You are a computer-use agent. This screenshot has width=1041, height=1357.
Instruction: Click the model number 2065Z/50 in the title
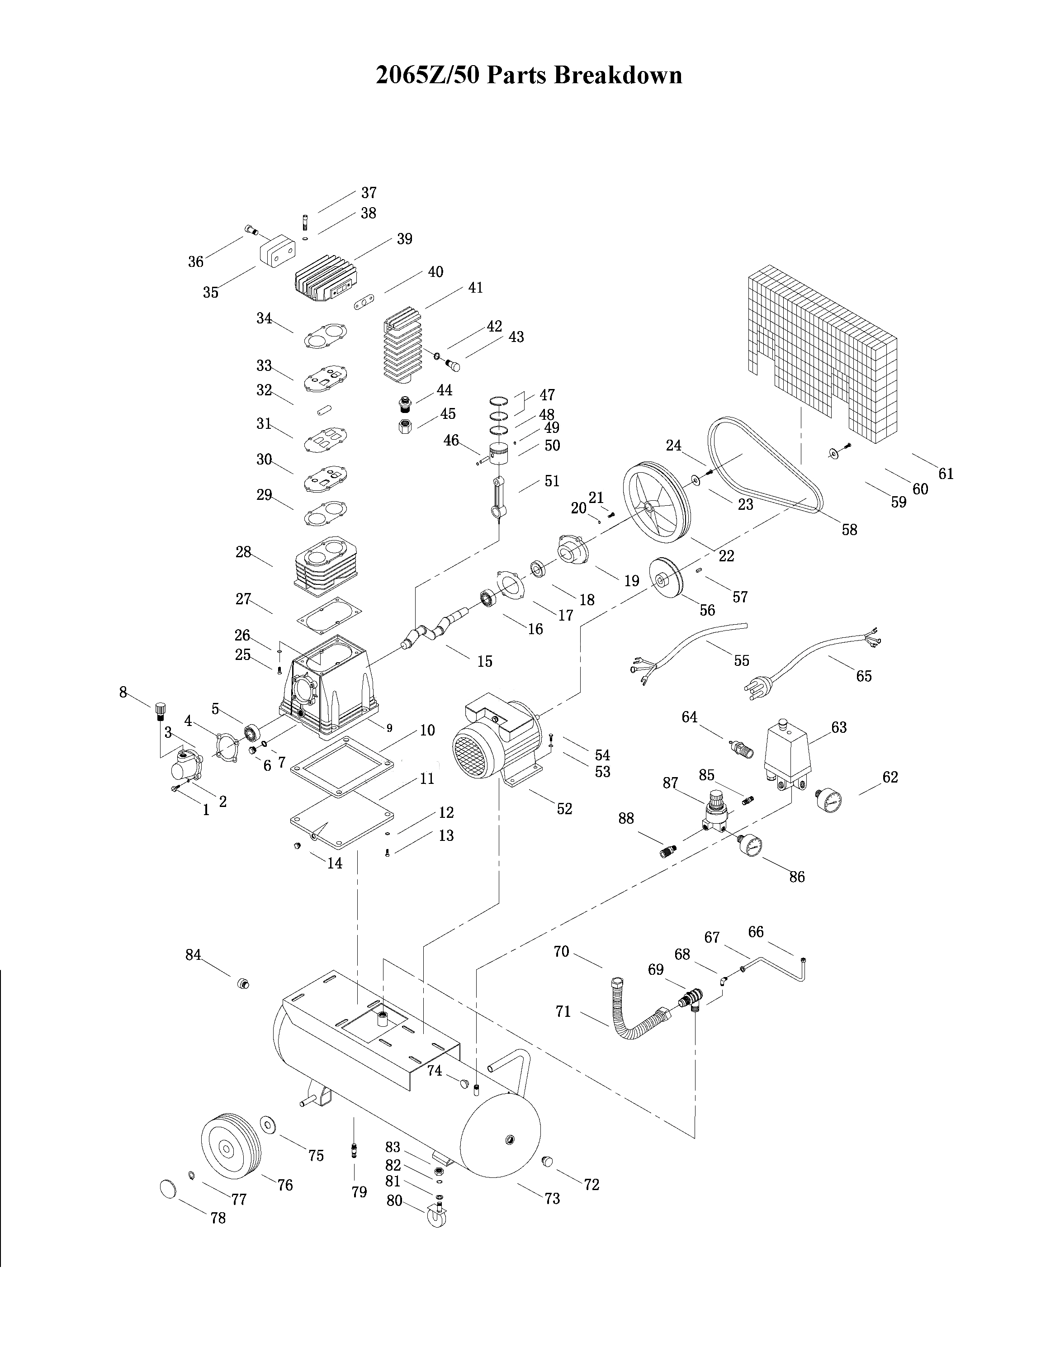click(x=427, y=76)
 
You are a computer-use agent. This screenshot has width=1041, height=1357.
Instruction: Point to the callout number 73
click(x=552, y=1198)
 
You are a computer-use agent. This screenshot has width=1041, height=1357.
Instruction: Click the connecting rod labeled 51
click(x=499, y=496)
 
